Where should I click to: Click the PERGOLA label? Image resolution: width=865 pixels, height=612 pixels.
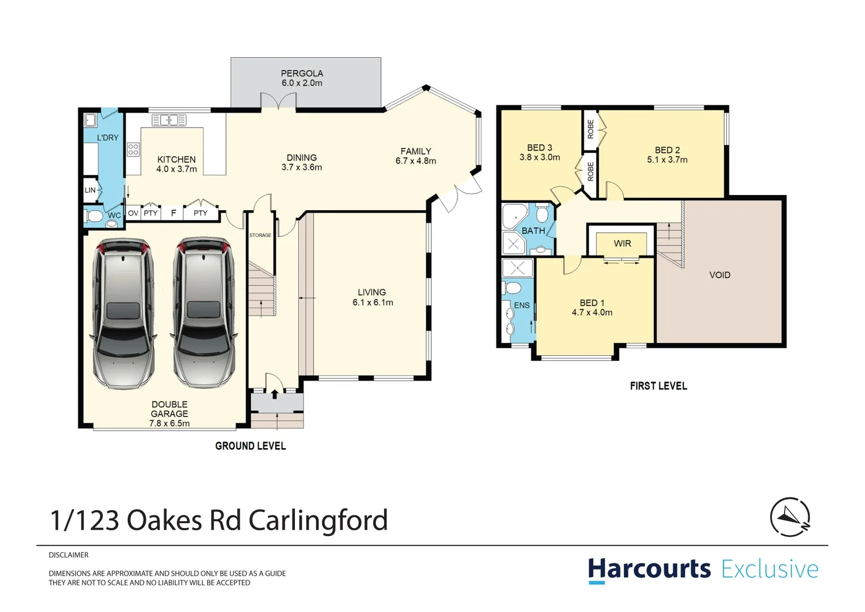302,73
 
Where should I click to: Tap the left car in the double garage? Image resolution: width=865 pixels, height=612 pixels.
123,313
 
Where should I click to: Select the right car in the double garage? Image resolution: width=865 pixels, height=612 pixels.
203,313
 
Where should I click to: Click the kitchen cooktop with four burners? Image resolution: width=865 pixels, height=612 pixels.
133,150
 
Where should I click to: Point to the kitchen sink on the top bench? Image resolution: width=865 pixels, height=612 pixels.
169,120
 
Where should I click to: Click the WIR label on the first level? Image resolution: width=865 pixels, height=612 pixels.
622,244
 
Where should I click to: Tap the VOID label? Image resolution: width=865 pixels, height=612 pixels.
720,275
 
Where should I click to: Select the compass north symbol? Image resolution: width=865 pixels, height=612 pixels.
790,517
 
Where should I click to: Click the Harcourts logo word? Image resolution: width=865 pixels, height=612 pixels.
649,569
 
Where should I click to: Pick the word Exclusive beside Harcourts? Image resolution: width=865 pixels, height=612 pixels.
770,569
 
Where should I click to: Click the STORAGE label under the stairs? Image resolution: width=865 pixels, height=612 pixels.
260,235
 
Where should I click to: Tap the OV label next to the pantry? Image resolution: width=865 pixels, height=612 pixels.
133,213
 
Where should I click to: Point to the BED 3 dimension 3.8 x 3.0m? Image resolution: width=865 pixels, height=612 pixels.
539,158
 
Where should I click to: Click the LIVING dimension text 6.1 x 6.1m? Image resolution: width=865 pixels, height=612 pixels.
372,303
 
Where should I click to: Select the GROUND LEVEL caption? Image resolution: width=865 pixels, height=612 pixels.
250,446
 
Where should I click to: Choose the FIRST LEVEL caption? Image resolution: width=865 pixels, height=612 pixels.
658,386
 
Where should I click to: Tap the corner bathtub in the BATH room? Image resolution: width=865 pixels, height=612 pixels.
514,216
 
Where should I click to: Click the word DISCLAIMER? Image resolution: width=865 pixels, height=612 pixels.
68,555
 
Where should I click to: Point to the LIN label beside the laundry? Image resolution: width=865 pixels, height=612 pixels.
90,190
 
